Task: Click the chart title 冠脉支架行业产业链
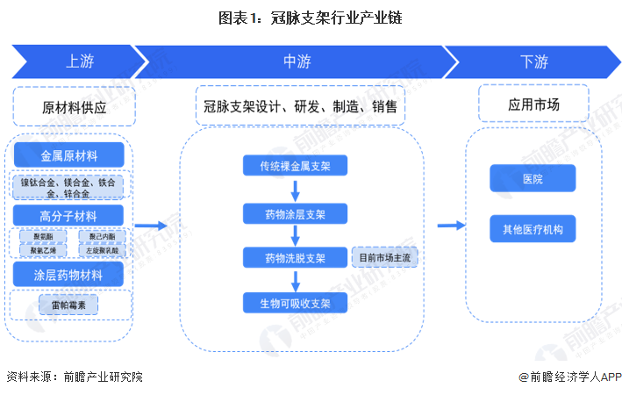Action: tap(311, 17)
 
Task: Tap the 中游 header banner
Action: tap(296, 62)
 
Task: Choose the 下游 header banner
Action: tap(533, 62)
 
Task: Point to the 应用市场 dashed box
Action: tap(533, 104)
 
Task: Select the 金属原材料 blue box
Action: tap(69, 155)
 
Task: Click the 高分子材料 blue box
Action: tap(69, 216)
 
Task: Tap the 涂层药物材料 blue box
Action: tap(69, 276)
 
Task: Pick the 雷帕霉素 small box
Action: tap(69, 305)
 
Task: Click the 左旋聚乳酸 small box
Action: tap(102, 250)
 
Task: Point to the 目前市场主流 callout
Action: tap(386, 258)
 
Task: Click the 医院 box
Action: tap(533, 179)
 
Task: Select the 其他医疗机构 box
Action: tap(533, 229)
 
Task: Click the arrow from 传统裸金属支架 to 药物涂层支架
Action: tap(296, 189)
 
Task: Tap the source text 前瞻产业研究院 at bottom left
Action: tap(103, 377)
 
